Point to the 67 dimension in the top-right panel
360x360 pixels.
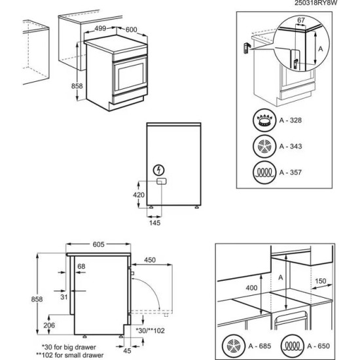point(300,22)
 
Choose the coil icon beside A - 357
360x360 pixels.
point(264,173)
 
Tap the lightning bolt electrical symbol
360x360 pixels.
point(159,169)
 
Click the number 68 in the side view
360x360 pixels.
point(81,266)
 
